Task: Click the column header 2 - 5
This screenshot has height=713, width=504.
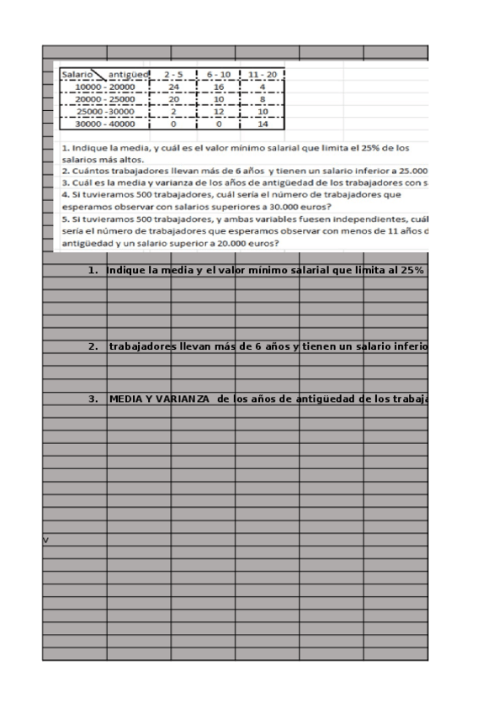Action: [175, 74]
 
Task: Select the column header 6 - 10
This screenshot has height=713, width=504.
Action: [220, 74]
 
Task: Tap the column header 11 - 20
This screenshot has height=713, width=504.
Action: [263, 74]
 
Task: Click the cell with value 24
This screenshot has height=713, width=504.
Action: [175, 86]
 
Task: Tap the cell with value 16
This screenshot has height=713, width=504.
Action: [220, 86]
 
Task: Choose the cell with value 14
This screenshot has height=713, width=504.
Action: [263, 124]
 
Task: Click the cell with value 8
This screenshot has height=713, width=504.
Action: [263, 98]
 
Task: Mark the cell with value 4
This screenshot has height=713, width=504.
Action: [263, 86]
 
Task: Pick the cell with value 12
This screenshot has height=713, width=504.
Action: [220, 111]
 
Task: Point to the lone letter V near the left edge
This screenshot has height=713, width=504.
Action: [45, 539]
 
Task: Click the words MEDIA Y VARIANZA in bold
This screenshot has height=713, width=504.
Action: [161, 399]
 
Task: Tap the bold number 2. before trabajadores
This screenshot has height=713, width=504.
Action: [93, 346]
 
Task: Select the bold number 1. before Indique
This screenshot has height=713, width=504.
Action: [93, 271]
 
